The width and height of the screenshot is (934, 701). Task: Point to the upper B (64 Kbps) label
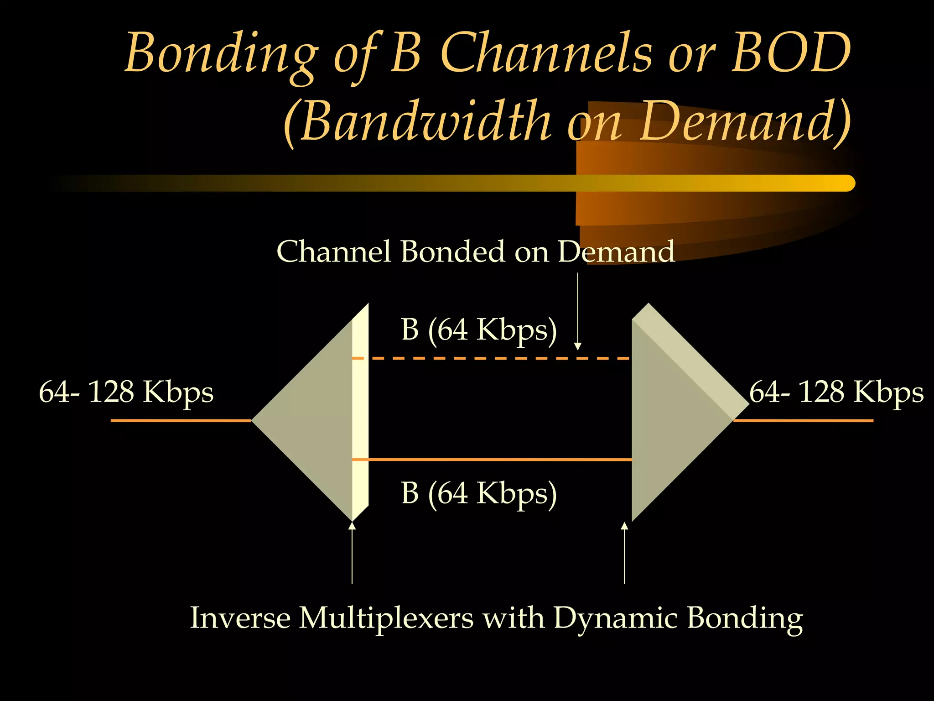coord(479,330)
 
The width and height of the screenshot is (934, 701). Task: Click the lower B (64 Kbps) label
coord(479,493)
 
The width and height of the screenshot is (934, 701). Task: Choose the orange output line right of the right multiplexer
coord(803,420)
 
